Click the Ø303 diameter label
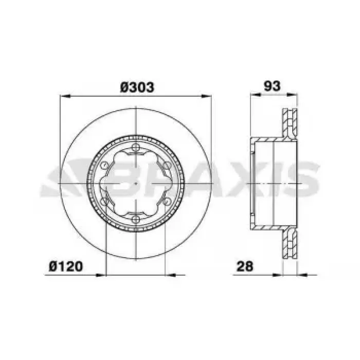coord(137,87)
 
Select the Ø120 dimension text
coord(66,266)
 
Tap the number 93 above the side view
coord(272,86)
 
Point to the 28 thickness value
coord(245,266)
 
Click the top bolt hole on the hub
coord(136,148)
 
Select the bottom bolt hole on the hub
coord(136,219)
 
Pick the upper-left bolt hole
coord(104,165)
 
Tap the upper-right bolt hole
coord(167,165)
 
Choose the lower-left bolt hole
coord(104,202)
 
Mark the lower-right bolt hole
coord(167,202)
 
